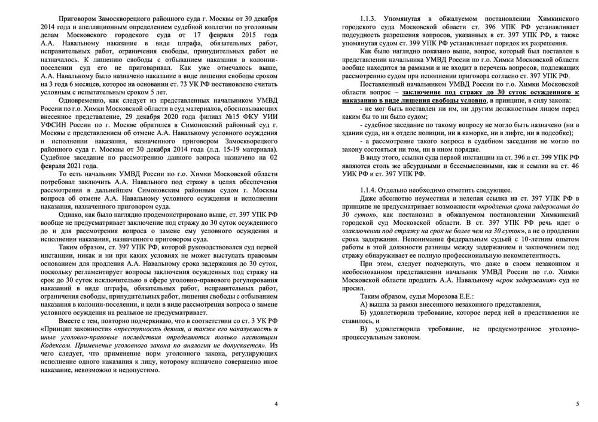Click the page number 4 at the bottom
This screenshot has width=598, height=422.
coord(276,405)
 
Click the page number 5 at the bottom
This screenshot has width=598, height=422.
coord(577,405)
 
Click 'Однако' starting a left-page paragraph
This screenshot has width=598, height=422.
coord(76,212)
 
